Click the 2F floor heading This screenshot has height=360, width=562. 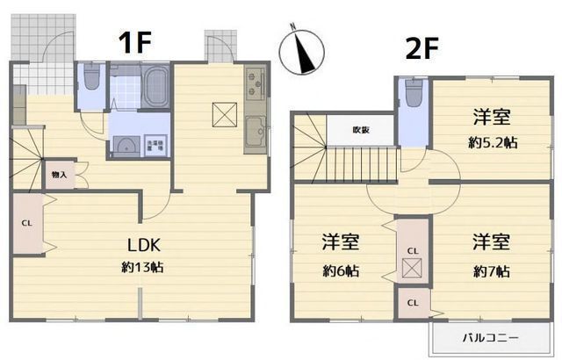click(x=422, y=48)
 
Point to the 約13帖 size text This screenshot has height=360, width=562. click(x=141, y=266)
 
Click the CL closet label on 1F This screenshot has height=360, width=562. click(x=26, y=223)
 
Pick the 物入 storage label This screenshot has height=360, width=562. click(x=59, y=176)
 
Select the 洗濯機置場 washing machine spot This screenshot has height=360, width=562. click(x=155, y=143)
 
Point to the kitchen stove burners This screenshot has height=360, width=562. click(x=256, y=84)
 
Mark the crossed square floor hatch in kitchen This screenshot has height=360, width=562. click(x=224, y=112)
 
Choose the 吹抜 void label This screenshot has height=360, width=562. click(x=361, y=130)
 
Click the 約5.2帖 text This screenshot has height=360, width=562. click(x=491, y=140)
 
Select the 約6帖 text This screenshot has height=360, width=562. click(x=339, y=271)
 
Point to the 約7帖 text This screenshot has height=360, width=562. click(x=491, y=271)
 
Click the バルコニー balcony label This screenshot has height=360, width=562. click(x=490, y=337)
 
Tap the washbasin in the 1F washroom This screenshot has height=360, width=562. click(x=126, y=145)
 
